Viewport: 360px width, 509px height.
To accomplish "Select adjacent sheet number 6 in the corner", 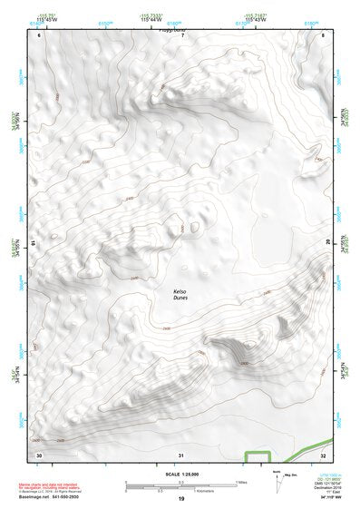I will click(39, 34).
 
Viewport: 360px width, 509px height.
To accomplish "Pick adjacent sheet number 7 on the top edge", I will click(181, 34).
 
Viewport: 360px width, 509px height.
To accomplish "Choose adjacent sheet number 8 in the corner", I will click(324, 34).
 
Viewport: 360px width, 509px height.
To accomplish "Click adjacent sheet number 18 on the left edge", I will click(34, 243).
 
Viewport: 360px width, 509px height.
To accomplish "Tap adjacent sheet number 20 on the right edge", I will click(328, 242).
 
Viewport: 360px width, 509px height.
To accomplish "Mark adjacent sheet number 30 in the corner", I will click(39, 454).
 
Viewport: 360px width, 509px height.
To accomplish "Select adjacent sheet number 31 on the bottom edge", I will click(181, 454).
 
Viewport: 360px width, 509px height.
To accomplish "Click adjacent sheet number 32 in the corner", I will click(324, 454).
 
